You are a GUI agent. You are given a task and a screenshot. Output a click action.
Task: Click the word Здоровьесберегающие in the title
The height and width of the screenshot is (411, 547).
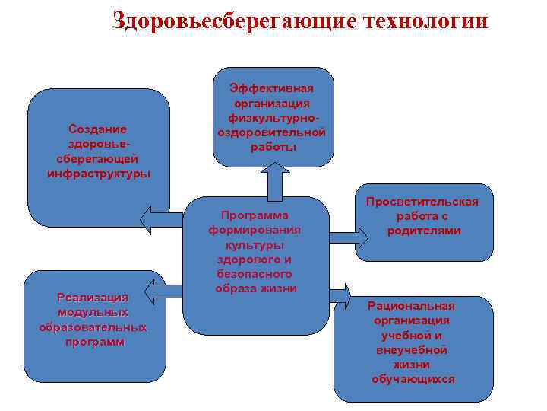[x=232, y=20]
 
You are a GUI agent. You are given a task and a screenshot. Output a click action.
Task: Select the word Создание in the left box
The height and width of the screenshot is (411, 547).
[x=97, y=129]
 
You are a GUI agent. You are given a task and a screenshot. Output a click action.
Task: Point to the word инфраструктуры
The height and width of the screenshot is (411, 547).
[x=97, y=173]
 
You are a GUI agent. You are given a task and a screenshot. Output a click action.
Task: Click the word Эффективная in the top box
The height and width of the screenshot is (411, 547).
[x=273, y=89]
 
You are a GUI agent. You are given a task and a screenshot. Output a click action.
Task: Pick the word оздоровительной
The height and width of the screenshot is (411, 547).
[x=273, y=132]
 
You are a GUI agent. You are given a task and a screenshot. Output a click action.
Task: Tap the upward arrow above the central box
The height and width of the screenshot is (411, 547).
[x=274, y=180]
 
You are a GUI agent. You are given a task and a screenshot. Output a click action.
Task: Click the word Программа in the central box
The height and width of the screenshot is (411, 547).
[x=255, y=216]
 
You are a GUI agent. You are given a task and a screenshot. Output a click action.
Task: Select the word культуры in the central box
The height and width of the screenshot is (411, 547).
[x=255, y=245]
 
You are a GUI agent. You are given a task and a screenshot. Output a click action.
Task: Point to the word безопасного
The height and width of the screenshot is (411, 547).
[x=255, y=274]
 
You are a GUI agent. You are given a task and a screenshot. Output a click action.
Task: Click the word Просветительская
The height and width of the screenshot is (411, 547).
[x=422, y=202]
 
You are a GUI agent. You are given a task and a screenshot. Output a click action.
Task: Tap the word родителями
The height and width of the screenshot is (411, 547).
[x=422, y=231]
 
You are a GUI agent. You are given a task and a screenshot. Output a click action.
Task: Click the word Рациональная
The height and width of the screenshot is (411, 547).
[x=412, y=306]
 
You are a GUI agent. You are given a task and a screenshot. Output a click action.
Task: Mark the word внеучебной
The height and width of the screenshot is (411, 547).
[x=412, y=349]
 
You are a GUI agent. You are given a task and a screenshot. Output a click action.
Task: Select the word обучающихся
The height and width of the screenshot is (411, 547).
[x=412, y=378]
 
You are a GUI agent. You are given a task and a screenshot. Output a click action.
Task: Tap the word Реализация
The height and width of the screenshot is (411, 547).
[x=93, y=298]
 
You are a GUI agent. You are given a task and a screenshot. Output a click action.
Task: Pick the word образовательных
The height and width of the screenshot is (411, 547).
[x=93, y=327]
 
